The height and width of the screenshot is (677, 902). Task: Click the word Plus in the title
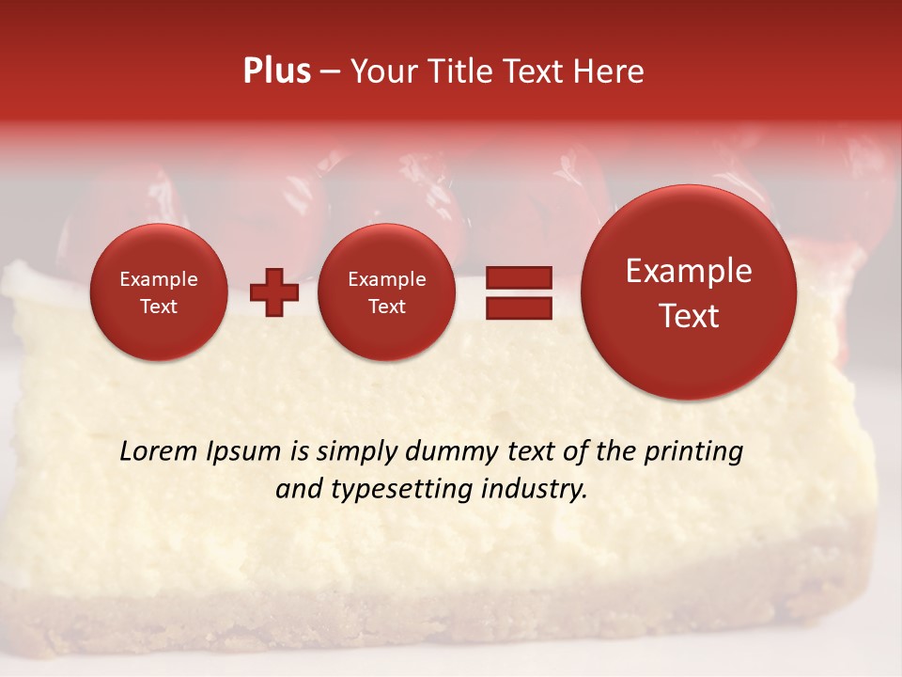point(276,71)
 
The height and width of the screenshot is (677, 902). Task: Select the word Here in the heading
point(609,71)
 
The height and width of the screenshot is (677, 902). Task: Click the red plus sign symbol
point(274,292)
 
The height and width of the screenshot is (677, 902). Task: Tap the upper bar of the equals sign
point(518,277)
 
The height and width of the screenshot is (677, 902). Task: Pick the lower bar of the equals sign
point(518,307)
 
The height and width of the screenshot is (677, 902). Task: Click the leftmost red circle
point(159,292)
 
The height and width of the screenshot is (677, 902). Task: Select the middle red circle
point(387,292)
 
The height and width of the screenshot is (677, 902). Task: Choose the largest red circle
point(689,292)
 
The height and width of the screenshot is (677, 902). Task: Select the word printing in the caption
point(693,451)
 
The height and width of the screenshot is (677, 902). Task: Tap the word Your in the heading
point(383,71)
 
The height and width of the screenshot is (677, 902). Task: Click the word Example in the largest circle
point(689,271)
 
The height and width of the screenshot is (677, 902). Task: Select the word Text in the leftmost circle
point(159,307)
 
